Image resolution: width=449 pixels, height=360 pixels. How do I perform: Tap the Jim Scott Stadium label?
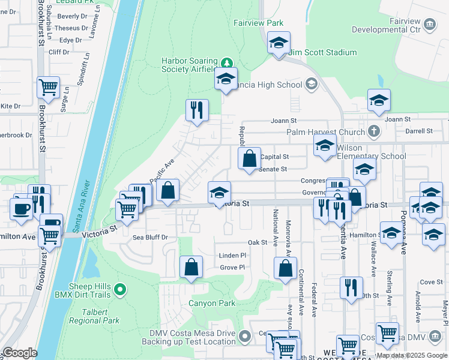(323, 53)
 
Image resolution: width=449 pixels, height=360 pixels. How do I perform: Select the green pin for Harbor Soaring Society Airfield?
(227, 63)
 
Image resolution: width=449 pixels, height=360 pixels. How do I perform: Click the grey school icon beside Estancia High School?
(311, 85)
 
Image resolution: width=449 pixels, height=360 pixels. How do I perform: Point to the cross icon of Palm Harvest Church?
(373, 131)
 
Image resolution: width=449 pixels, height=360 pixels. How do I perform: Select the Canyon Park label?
(212, 303)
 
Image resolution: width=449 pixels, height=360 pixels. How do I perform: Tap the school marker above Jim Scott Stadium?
(279, 43)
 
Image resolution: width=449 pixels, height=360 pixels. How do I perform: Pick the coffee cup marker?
(21, 209)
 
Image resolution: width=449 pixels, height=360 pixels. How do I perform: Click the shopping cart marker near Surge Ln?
(48, 87)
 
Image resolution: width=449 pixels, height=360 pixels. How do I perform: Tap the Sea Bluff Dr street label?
(150, 238)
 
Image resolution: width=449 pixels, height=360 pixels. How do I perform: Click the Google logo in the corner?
(19, 353)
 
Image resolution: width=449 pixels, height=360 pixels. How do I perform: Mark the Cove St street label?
(431, 282)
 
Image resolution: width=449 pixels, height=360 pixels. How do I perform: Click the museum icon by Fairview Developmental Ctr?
(429, 24)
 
